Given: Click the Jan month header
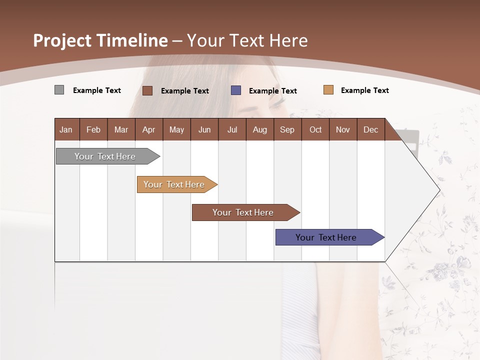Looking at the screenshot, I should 66,129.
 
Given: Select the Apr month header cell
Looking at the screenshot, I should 149,129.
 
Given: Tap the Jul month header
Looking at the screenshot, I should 232,129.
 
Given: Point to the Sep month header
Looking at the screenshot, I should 287,129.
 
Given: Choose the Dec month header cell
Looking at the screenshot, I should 371,129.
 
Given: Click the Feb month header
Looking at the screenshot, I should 93,129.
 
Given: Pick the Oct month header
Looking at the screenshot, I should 315,129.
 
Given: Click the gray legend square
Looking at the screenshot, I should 59,90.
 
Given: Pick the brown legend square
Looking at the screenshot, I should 147,90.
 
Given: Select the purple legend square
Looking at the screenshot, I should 236,90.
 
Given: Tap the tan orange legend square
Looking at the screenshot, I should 328,90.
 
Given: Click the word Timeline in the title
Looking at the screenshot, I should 131,40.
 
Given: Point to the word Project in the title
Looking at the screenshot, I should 61,40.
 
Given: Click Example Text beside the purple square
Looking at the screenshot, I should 272,91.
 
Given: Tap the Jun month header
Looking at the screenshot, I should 204,129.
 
